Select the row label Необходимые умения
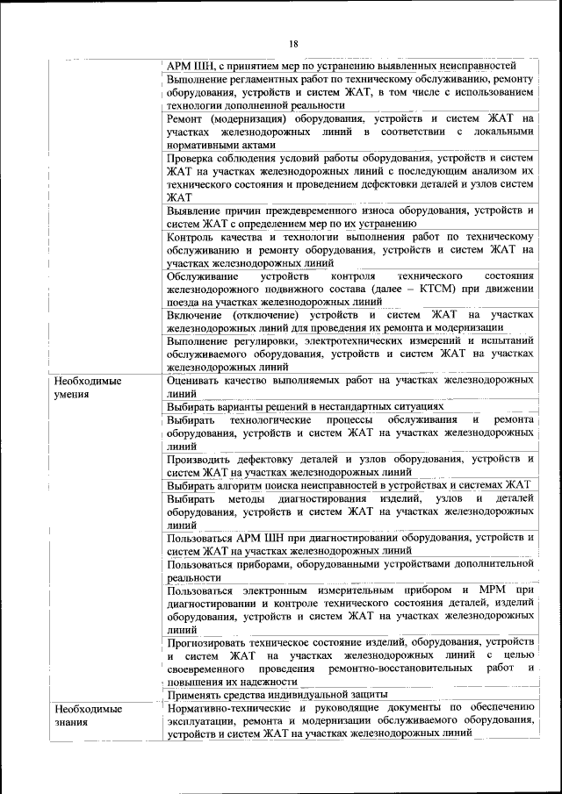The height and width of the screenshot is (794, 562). (87, 388)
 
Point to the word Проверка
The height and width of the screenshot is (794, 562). (193, 158)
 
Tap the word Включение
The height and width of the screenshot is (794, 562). (197, 314)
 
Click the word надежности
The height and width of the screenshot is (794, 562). (270, 681)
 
